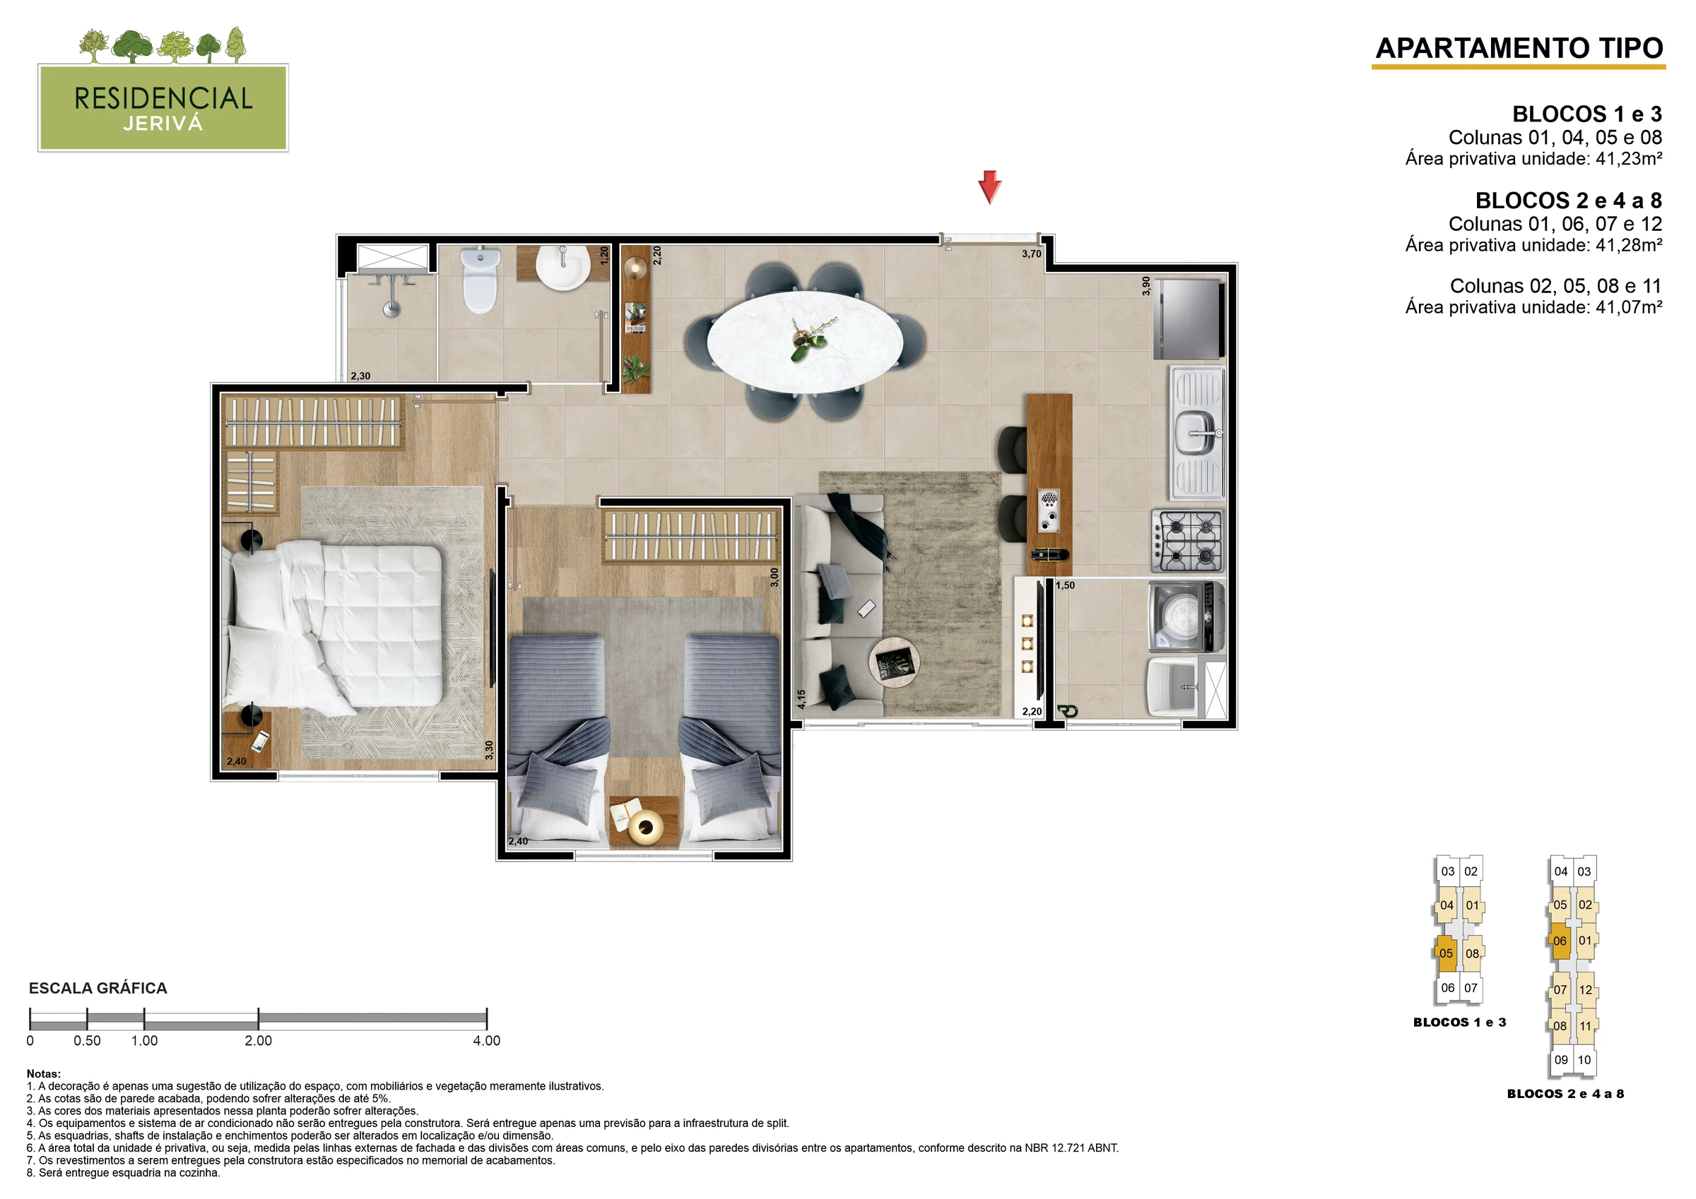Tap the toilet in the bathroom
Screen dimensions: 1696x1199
pyautogui.click(x=478, y=280)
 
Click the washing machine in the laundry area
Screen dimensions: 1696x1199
pyautogui.click(x=1186, y=616)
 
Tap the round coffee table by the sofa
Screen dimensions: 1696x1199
pyautogui.click(x=895, y=662)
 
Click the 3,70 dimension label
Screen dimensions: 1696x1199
pyautogui.click(x=1031, y=254)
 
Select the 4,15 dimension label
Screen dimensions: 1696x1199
pyautogui.click(x=801, y=699)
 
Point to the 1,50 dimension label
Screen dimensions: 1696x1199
pyautogui.click(x=1065, y=585)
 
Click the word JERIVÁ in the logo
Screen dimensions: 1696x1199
pyautogui.click(x=163, y=124)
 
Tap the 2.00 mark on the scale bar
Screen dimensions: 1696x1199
pyautogui.click(x=259, y=1040)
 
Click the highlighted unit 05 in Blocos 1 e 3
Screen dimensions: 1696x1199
pyautogui.click(x=1446, y=953)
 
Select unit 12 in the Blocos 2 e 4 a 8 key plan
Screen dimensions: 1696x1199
pyautogui.click(x=1585, y=990)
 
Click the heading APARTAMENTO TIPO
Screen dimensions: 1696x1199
pyautogui.click(x=1519, y=48)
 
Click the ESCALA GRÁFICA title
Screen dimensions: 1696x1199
pyautogui.click(x=98, y=988)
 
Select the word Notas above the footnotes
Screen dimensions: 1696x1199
pyautogui.click(x=44, y=1074)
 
